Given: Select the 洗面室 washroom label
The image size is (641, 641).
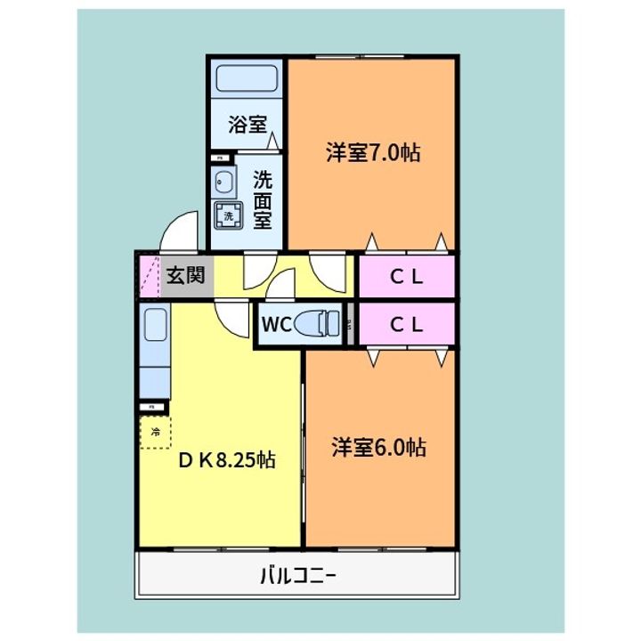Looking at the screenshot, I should pos(263,199).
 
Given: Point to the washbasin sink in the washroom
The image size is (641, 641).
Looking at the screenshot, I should pos(222,184).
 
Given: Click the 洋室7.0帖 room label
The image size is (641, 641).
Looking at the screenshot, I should pos(372,152).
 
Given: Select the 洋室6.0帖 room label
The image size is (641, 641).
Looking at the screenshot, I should pos(379,447).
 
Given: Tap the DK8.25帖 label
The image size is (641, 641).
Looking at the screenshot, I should pos(226,460).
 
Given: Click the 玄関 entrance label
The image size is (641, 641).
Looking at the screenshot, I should pos(186,275).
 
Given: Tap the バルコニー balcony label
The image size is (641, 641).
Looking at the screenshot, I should pos(297,575).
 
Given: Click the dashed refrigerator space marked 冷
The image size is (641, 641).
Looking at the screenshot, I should pos(155,434).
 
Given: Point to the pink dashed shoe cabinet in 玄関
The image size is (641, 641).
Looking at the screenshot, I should pos(147,276).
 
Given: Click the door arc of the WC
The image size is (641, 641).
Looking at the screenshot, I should pos(283,286).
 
